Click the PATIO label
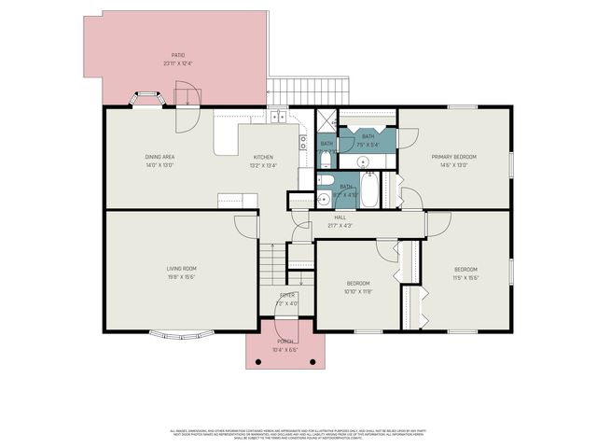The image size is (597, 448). tap(177, 56)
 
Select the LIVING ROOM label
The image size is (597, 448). tap(181, 268)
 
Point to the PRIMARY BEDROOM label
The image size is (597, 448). tap(453, 157)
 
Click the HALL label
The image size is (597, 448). tap(340, 217)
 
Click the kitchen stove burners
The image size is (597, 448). tap(303, 143)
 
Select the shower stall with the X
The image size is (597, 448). tap(326, 119)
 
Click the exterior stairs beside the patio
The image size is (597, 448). tap(307, 91)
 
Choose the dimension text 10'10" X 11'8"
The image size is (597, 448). tap(358, 291)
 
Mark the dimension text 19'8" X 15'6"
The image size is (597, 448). tap(181, 277)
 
